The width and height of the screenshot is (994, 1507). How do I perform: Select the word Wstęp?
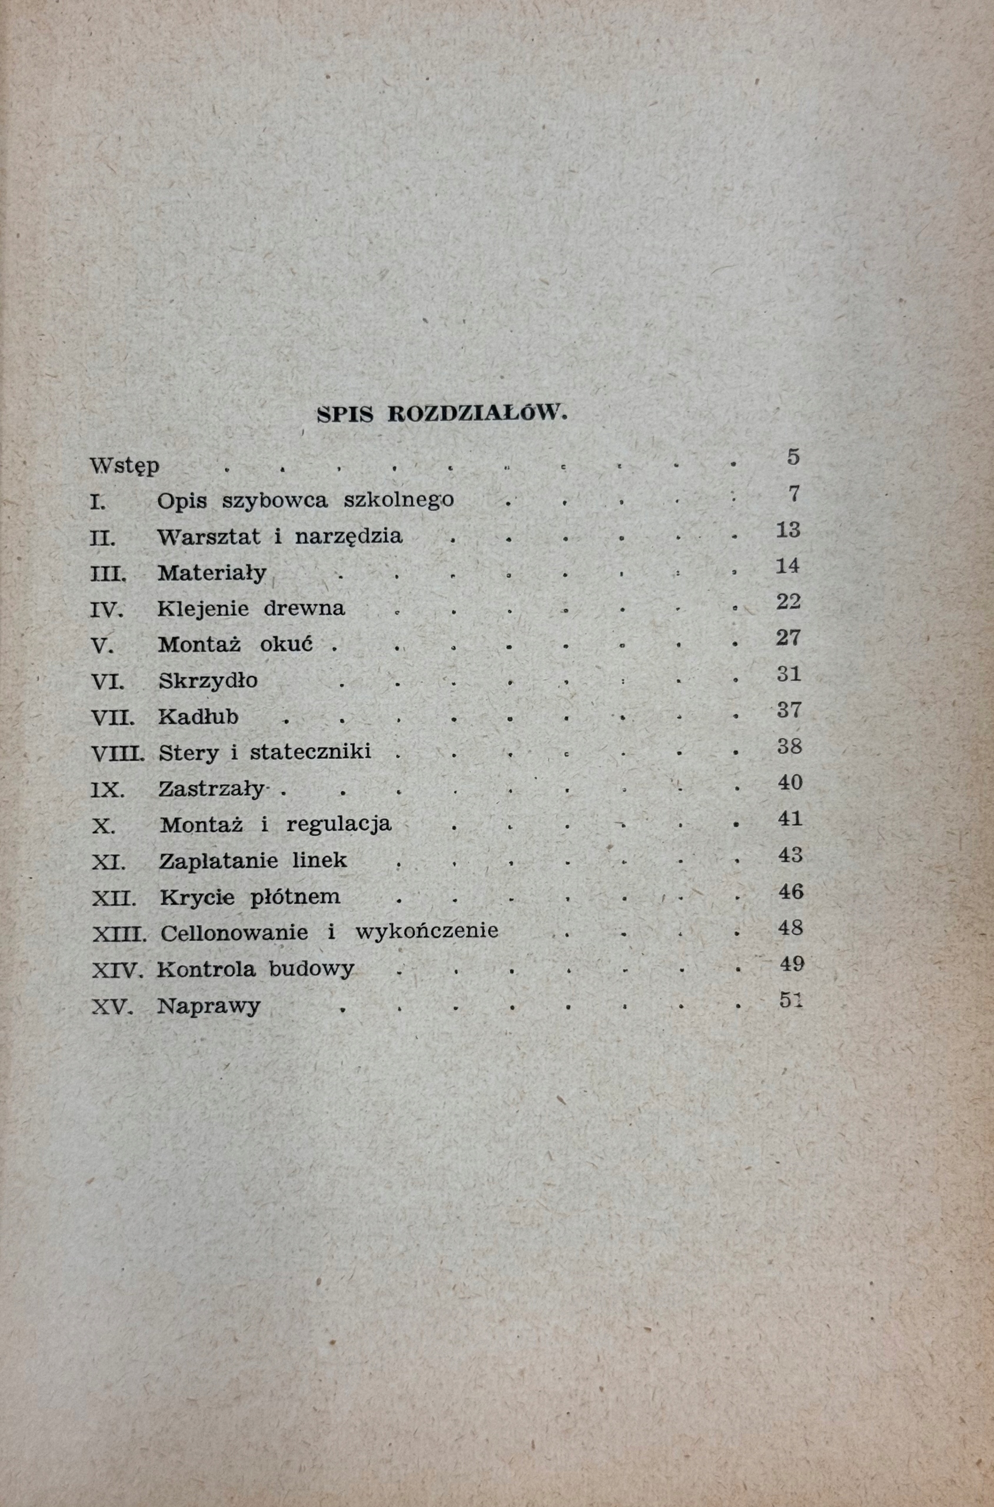[125, 466]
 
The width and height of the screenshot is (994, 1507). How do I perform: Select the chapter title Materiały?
[212, 574]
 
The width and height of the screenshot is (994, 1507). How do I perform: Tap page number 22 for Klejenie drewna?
[788, 601]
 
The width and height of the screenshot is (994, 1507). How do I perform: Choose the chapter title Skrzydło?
[208, 681]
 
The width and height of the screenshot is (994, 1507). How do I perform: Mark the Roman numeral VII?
[113, 718]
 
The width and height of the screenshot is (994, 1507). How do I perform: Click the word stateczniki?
[310, 752]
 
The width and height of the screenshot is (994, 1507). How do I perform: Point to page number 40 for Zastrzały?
[790, 782]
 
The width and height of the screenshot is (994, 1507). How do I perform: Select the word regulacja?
[338, 825]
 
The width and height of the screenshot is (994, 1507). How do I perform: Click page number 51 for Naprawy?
[790, 1000]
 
